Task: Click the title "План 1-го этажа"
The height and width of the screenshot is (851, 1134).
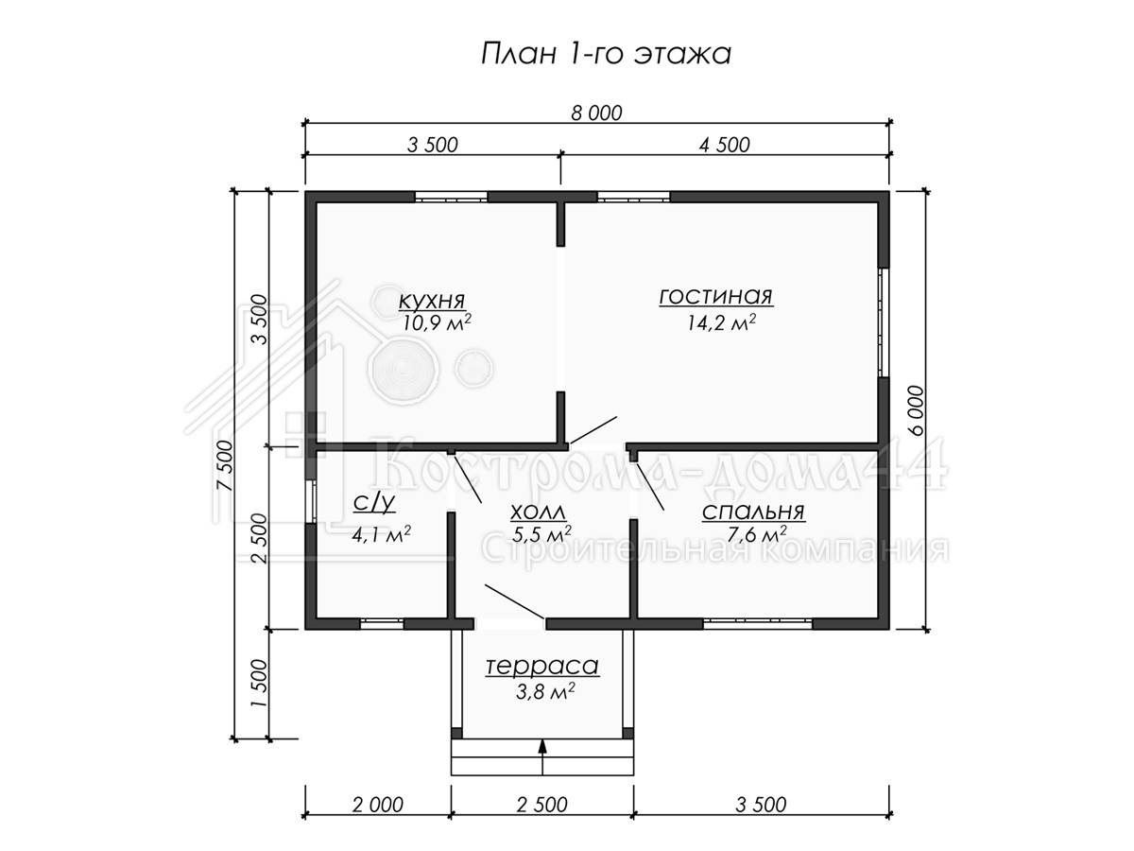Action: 606,54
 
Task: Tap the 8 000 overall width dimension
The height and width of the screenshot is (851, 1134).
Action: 596,113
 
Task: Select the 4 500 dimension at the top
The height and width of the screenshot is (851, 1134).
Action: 724,146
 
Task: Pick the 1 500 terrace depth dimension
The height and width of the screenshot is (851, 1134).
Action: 259,684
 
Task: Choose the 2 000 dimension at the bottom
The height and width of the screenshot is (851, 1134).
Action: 378,805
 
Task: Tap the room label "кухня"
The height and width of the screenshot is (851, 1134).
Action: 432,300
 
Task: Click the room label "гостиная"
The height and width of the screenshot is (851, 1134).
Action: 716,297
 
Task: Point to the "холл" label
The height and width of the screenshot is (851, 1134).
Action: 538,512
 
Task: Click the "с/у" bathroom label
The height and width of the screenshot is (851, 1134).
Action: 374,503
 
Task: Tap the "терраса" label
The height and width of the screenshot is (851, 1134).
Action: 541,667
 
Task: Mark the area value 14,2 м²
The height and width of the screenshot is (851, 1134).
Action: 721,322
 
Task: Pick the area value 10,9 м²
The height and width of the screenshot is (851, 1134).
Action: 437,322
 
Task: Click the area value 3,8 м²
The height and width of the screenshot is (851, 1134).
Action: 545,692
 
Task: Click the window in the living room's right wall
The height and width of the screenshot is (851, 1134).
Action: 884,322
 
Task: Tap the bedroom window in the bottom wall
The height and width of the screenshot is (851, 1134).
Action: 758,624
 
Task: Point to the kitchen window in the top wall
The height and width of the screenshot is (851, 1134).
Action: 451,197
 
